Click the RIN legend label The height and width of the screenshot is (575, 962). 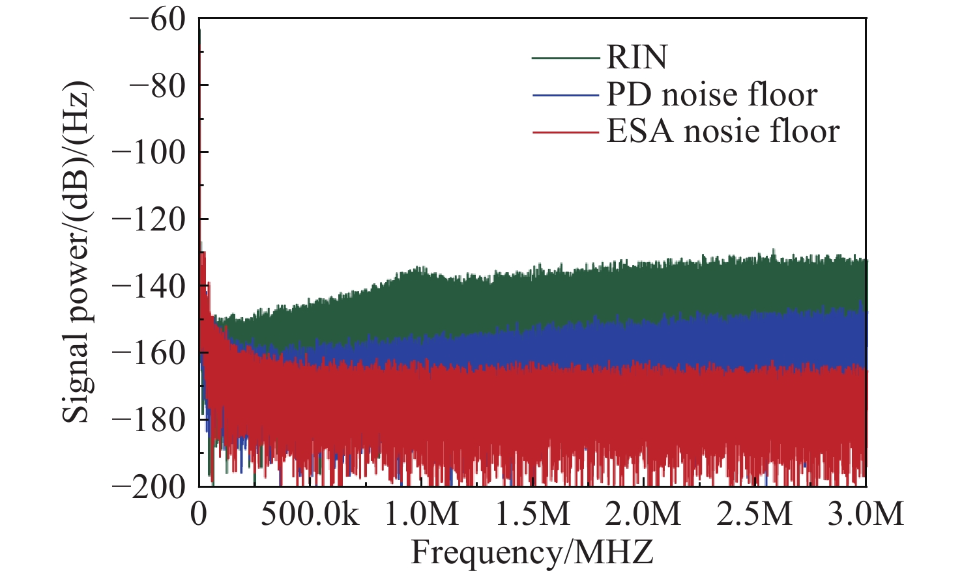click(637, 57)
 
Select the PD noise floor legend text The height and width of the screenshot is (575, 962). click(712, 95)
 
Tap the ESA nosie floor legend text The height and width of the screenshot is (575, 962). click(723, 132)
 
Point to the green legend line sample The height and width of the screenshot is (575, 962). click(565, 58)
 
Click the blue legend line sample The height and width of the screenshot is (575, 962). click(565, 96)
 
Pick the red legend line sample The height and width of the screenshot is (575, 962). click(565, 132)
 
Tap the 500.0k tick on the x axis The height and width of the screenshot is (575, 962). click(310, 514)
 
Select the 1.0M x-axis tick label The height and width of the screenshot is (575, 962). click(422, 514)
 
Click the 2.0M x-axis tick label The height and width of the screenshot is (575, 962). click(644, 514)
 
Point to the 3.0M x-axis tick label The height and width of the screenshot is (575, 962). click(866, 514)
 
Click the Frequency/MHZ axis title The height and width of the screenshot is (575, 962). click(532, 553)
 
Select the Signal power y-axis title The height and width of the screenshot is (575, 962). click(77, 252)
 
